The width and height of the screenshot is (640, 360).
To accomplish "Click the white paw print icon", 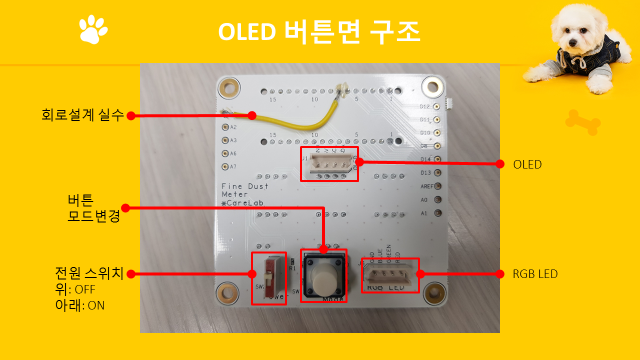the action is (x=93, y=29).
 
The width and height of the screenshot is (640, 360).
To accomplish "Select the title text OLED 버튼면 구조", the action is (x=319, y=32).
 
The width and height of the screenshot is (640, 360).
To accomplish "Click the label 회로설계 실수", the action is (x=82, y=115).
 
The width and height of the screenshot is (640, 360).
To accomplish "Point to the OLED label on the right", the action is (x=527, y=164).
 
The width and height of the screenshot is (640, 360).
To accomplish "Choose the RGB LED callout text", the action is (x=535, y=274).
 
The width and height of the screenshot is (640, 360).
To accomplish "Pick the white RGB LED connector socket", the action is (x=390, y=275).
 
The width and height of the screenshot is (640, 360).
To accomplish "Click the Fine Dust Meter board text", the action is (x=245, y=190).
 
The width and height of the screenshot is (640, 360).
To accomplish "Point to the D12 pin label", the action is (x=425, y=106).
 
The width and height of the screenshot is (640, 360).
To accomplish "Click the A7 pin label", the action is (x=233, y=167).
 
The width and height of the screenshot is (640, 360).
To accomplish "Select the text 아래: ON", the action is (x=80, y=305).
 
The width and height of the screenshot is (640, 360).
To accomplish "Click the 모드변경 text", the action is (x=94, y=217).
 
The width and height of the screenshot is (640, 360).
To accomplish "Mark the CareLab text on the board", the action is (x=245, y=203).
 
